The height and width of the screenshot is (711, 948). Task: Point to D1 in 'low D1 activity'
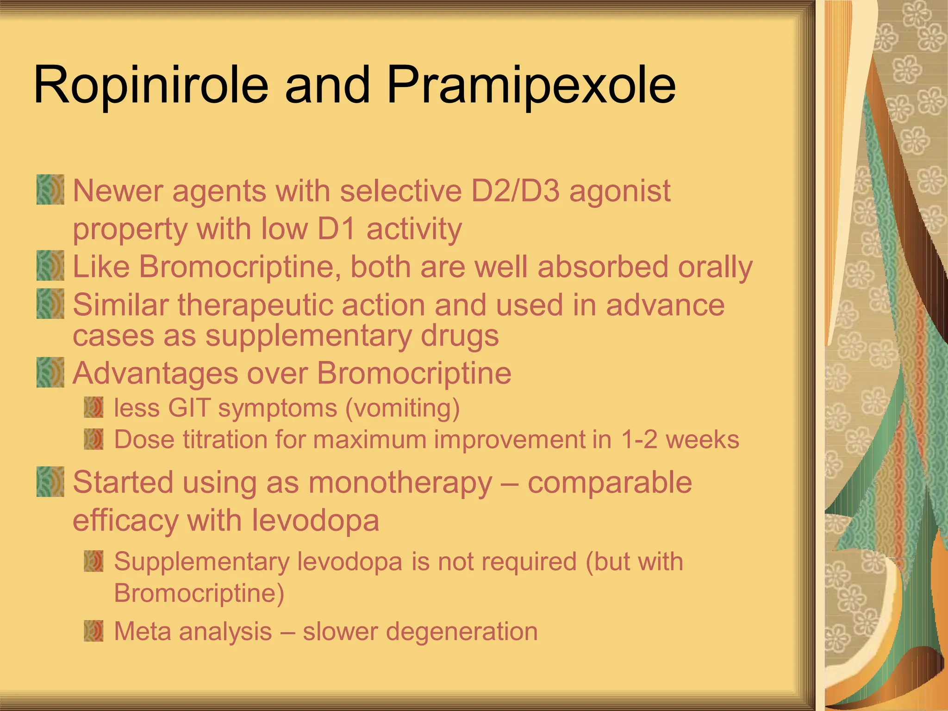(336, 229)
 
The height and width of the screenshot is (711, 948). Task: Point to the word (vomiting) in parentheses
(402, 408)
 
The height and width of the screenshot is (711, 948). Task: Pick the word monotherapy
(400, 483)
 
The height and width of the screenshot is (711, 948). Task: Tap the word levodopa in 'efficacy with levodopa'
(315, 521)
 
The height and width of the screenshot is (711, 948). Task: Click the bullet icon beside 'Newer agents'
(50, 190)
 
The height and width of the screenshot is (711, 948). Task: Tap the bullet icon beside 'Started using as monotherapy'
(50, 482)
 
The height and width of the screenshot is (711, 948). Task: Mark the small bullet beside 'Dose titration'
(94, 439)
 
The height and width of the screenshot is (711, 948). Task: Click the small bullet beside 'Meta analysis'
(94, 631)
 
